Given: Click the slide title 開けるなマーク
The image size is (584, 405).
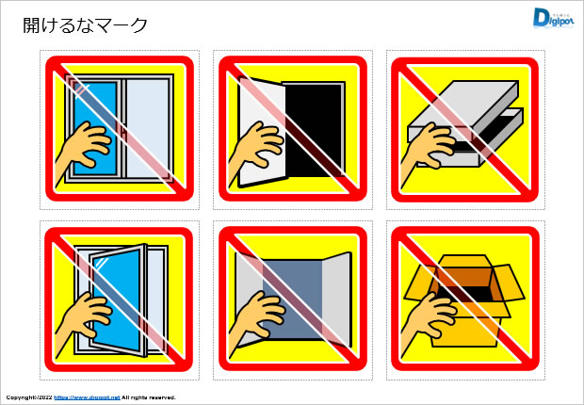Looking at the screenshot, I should coord(86,25).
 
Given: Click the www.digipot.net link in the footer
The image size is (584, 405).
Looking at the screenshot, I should coord(87,397).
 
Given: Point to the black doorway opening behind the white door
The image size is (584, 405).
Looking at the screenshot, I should coord(316,127).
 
